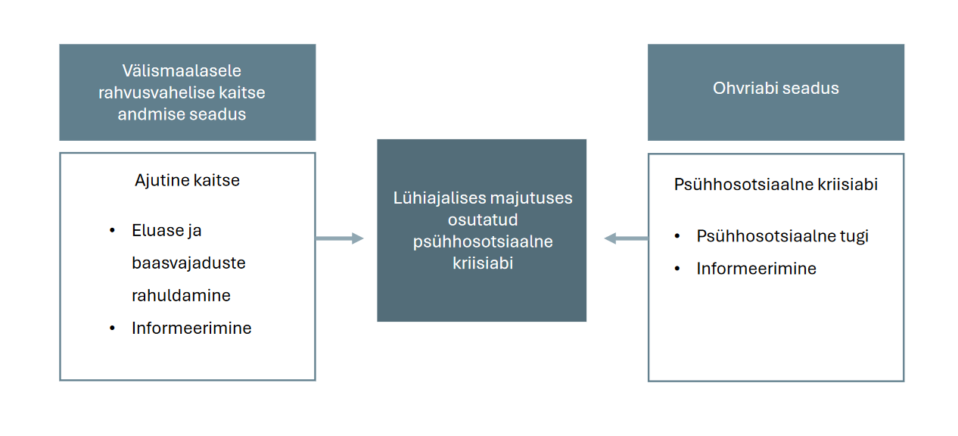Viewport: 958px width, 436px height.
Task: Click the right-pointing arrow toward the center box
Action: pos(340,238)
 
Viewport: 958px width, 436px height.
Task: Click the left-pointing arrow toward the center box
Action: pos(625,238)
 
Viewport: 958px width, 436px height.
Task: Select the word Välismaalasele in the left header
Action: pos(182,70)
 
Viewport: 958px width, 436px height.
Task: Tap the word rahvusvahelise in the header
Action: pos(148,92)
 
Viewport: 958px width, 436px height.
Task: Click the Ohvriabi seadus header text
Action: pos(776,89)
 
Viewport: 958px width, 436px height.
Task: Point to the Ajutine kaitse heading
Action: pos(187,180)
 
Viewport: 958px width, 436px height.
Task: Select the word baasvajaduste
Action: pos(188,263)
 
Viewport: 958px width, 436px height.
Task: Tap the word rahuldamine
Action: pos(181,295)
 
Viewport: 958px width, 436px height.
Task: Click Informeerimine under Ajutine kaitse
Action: pos(191,328)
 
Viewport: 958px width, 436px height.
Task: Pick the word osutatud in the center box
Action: pos(482,220)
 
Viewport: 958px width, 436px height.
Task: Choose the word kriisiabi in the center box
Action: pos(483,263)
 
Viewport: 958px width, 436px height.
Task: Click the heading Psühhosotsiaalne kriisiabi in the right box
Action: pos(776,184)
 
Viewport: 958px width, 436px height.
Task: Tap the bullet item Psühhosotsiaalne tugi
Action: pos(782,235)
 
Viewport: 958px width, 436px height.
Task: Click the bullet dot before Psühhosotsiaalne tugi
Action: pos(677,236)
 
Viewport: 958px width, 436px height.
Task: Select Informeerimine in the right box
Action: pos(756,268)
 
